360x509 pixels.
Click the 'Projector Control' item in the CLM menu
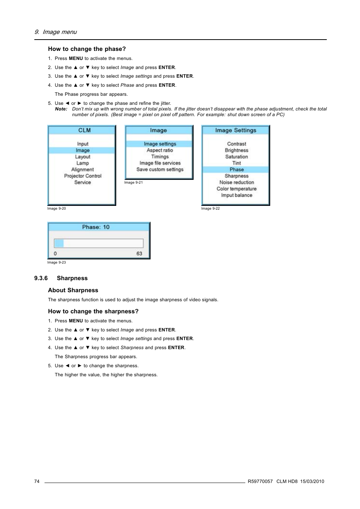(x=83, y=176)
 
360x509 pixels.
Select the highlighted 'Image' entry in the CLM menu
(x=82, y=150)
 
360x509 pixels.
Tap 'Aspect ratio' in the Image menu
(x=160, y=150)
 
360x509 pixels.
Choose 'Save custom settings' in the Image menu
(x=160, y=170)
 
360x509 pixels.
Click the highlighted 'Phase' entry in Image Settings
(x=236, y=170)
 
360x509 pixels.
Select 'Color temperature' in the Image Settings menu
(x=236, y=189)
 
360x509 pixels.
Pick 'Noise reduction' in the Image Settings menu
(x=236, y=182)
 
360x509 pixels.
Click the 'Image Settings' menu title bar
(x=235, y=130)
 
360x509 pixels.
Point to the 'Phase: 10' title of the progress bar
(x=96, y=227)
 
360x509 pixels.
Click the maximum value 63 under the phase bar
(x=139, y=254)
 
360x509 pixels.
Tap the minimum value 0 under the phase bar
(x=55, y=254)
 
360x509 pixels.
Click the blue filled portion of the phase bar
(x=59, y=243)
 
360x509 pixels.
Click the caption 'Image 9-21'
(x=133, y=182)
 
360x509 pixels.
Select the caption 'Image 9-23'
(x=57, y=262)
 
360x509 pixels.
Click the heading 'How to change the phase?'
(x=87, y=49)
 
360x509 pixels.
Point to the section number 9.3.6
(x=41, y=278)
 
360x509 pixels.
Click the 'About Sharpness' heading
(x=73, y=290)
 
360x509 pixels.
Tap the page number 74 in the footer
(x=37, y=481)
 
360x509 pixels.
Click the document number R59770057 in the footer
(x=260, y=481)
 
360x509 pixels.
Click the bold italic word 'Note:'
(x=61, y=109)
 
